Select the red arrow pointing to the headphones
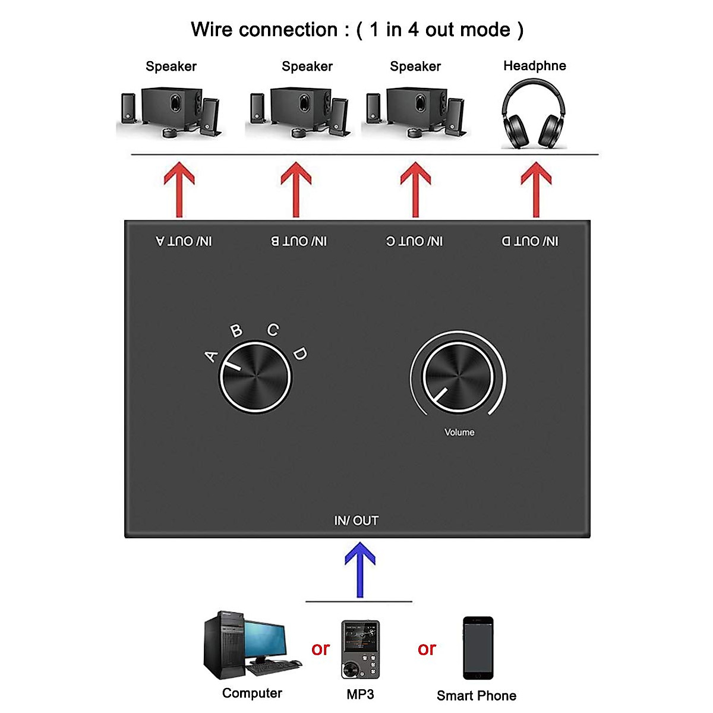(536, 190)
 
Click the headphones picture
(534, 114)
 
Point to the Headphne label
(534, 66)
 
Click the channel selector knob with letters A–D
(255, 377)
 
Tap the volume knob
(458, 377)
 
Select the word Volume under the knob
(459, 433)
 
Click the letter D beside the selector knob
(300, 354)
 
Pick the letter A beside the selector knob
(212, 356)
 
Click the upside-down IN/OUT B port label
(299, 241)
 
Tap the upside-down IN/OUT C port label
(414, 241)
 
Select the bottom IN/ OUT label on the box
(356, 520)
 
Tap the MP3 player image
(361, 649)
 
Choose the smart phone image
(478, 648)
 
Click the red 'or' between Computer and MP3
(320, 649)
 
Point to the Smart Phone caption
(476, 696)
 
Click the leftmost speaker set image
(171, 113)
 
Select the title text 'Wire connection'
(264, 30)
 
